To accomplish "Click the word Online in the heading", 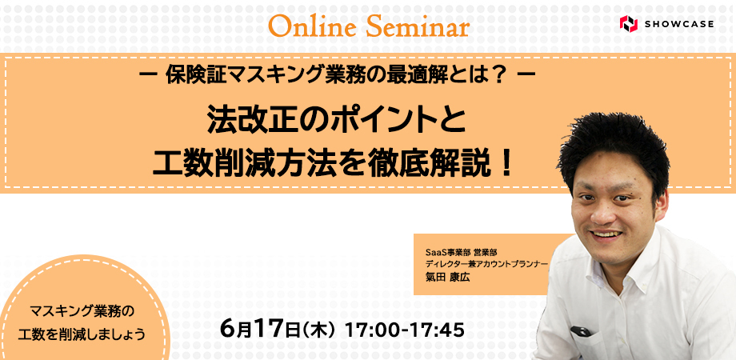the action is point(313,27).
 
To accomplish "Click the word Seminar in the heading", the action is point(418,27).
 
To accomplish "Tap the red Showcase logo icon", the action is point(629,23).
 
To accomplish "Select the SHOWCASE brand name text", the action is point(678,24).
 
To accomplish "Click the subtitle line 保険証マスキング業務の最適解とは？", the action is point(337,76).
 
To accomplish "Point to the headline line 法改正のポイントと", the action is point(337,122).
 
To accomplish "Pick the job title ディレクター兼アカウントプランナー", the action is point(486,264).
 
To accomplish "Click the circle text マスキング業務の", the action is point(82,310).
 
